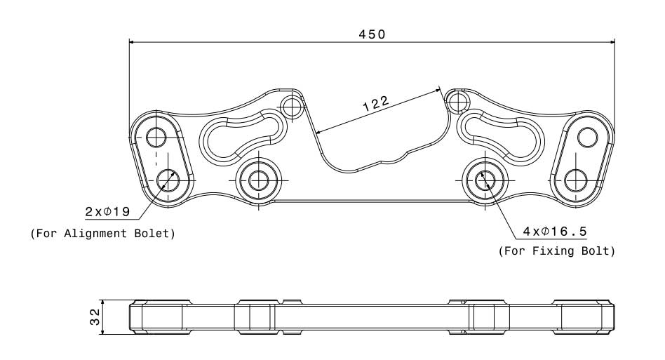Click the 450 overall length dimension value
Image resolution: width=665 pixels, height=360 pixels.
pos(372,33)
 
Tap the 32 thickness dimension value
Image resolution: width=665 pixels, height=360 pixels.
pos(94,317)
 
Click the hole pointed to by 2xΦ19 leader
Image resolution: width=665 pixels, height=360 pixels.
pos(167,180)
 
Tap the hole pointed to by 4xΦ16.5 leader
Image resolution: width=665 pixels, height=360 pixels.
pos(483,180)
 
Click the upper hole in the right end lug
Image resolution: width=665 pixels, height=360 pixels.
pos(586,138)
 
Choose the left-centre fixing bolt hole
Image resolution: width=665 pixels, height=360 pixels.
pos(258,179)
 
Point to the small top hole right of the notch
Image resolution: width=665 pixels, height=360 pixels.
pos(458,101)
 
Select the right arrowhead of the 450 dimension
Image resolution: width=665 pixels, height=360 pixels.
pos(611,41)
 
